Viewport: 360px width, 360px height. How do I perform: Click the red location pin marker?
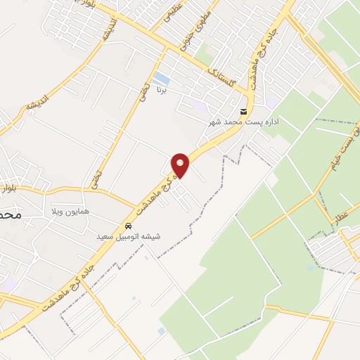181,165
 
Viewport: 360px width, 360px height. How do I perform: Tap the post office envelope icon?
243,112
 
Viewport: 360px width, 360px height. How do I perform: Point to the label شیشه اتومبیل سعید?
128,237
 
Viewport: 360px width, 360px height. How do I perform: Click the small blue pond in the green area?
310,267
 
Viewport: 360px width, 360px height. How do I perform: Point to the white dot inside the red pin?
181,162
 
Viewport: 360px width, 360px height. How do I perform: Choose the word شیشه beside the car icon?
151,237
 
